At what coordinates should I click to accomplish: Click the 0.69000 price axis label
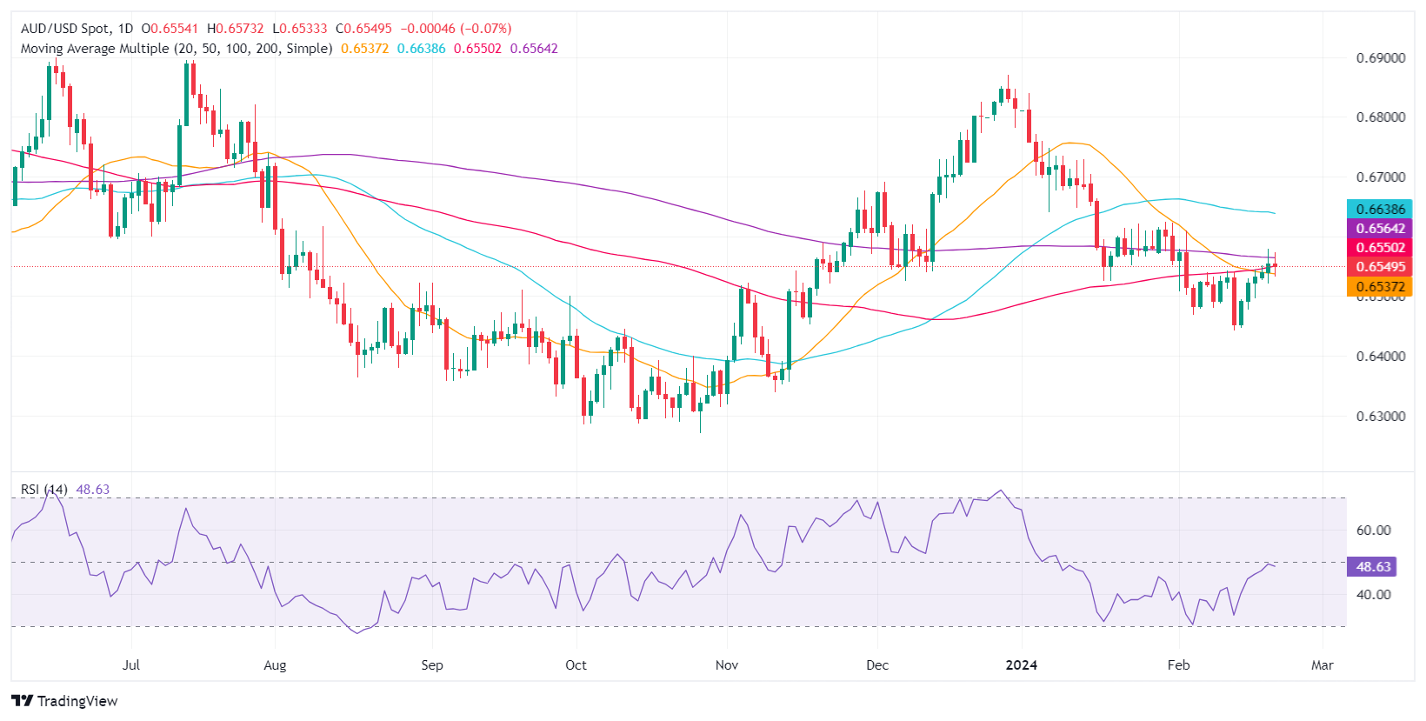tap(1381, 58)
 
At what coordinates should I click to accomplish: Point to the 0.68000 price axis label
tap(1381, 117)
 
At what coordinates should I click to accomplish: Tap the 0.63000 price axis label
tap(1381, 416)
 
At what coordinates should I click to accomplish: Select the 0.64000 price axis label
tap(1381, 357)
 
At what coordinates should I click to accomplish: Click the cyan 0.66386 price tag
tap(1380, 209)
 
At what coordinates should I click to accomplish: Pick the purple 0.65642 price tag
tap(1380, 228)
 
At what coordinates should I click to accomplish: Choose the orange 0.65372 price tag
tap(1380, 286)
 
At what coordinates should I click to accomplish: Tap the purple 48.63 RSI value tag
tap(1373, 566)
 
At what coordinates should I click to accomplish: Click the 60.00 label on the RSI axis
tap(1374, 531)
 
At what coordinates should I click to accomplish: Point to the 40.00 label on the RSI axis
tap(1374, 595)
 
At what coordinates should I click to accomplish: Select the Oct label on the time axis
tap(576, 665)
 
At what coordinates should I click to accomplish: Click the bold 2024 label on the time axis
tap(1021, 665)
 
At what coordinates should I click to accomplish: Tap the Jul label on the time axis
tap(130, 665)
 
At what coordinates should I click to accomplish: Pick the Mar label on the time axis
tap(1322, 665)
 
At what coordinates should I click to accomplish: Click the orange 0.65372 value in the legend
tap(364, 49)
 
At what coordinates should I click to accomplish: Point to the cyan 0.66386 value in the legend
tap(421, 49)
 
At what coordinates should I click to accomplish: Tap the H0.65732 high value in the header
tap(235, 29)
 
